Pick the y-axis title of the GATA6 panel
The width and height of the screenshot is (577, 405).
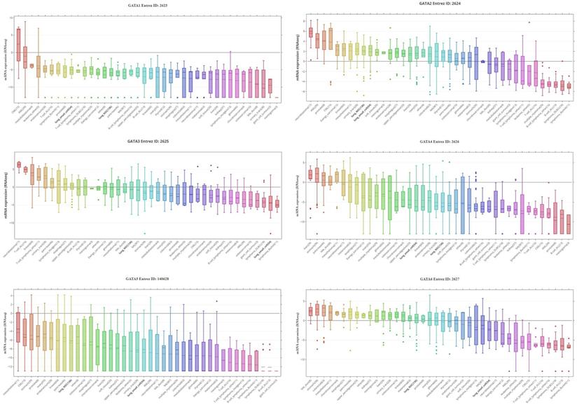pyautogui.click(x=297, y=329)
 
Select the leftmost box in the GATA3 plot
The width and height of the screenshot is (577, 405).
pyautogui.click(x=19, y=165)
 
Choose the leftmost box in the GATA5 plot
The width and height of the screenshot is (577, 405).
pyautogui.click(x=19, y=329)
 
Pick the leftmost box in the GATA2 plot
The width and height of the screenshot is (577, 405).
pyautogui.click(x=311, y=32)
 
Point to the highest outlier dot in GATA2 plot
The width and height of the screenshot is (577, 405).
pyautogui.click(x=529, y=22)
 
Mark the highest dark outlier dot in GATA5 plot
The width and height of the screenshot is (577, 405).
pyautogui.click(x=217, y=301)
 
